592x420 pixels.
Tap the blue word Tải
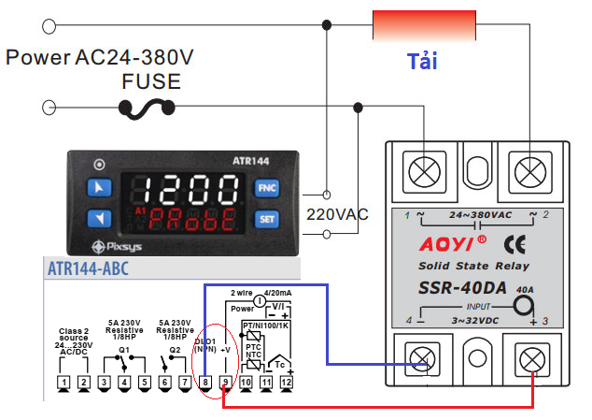(423, 63)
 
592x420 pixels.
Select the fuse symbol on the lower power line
(148, 109)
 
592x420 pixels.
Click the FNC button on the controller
(267, 187)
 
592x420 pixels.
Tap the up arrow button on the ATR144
(98, 186)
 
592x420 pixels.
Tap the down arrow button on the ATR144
(98, 219)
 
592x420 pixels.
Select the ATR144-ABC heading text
(88, 269)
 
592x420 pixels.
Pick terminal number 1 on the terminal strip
(63, 382)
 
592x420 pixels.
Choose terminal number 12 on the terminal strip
(287, 382)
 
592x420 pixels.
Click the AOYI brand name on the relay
(435, 246)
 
